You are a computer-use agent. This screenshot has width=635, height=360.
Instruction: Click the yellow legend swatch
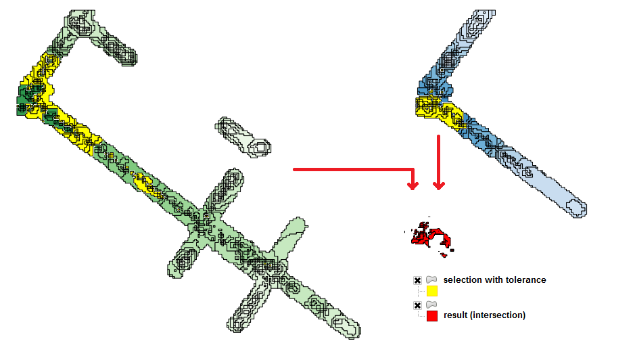432,291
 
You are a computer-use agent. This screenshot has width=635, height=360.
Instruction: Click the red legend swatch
432,316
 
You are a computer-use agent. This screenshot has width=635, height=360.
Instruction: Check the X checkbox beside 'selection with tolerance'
418,280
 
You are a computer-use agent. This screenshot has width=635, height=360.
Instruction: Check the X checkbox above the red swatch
418,305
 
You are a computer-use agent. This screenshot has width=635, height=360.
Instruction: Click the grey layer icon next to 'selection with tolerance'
432,279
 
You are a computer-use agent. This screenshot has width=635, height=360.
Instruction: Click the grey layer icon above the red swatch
432,305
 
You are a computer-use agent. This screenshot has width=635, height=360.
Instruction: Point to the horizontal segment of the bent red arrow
352,169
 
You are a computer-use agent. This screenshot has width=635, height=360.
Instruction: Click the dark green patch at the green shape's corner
28,100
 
